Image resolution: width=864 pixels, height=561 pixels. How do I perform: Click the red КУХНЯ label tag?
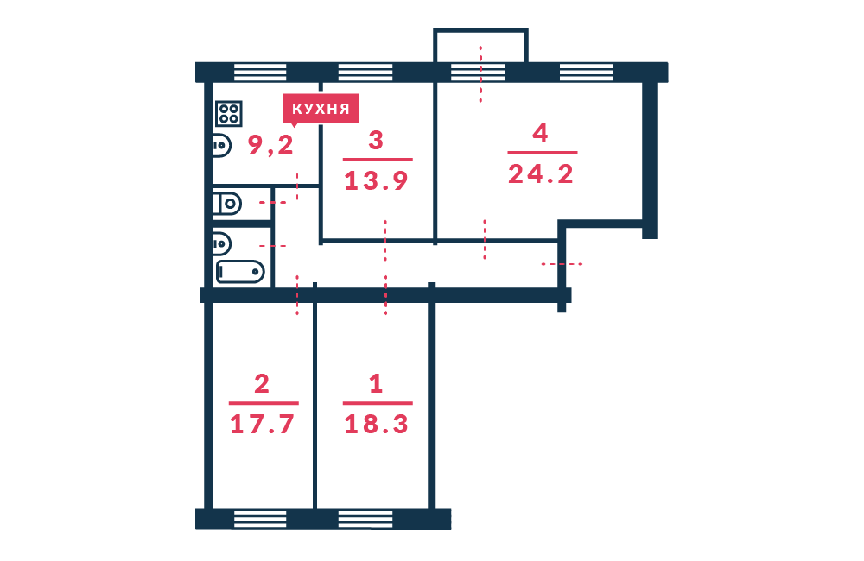click(321, 109)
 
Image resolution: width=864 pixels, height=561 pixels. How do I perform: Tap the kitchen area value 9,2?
click(270, 145)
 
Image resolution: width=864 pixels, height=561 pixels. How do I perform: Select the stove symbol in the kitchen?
click(229, 114)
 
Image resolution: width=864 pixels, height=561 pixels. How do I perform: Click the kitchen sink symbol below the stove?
click(221, 145)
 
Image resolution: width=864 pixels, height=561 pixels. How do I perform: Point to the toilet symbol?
click(227, 204)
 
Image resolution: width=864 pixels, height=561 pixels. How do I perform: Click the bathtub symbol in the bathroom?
click(240, 272)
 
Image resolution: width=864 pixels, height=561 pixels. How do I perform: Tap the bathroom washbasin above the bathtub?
click(221, 244)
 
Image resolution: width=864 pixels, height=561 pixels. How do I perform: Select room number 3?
click(376, 141)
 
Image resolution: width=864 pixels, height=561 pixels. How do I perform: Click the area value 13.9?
click(377, 180)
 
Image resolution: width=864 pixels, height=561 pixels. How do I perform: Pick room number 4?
click(541, 133)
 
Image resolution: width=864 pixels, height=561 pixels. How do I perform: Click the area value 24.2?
click(541, 174)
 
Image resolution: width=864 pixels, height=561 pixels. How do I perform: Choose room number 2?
click(262, 384)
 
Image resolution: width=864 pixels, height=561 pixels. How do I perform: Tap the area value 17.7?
click(262, 425)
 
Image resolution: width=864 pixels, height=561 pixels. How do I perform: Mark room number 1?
click(376, 384)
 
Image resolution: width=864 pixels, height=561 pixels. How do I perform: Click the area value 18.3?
click(377, 425)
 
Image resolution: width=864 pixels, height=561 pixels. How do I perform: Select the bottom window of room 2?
click(260, 520)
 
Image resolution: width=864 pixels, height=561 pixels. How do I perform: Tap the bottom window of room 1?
click(365, 520)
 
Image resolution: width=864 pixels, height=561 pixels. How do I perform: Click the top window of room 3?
click(365, 72)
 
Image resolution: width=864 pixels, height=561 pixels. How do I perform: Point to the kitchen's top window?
click(260, 72)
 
